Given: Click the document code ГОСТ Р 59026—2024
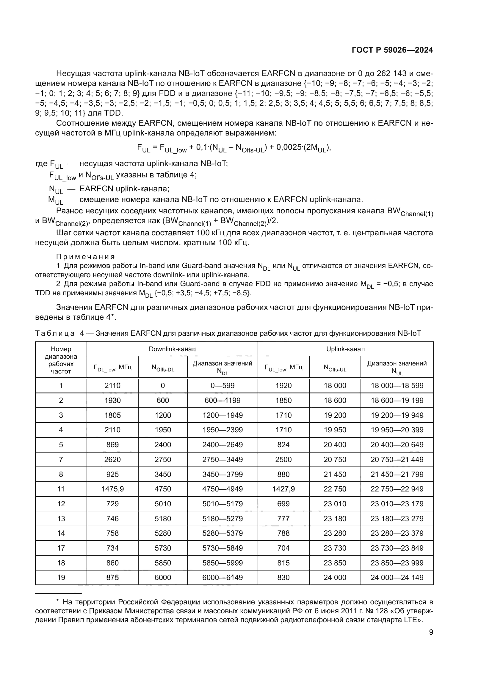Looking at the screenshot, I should click(x=392, y=50).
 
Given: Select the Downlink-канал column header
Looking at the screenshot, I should click(x=172, y=349).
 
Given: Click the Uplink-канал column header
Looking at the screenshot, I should click(x=345, y=349).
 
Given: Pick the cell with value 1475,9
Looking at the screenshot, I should click(x=112, y=489).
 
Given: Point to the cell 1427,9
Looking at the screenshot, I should click(x=283, y=489).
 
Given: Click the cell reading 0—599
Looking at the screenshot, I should click(x=223, y=386).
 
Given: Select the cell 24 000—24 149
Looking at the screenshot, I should click(x=397, y=578).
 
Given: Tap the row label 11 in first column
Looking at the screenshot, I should click(x=61, y=489).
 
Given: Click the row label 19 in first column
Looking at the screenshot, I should click(x=61, y=578).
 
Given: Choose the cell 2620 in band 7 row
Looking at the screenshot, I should click(x=112, y=459).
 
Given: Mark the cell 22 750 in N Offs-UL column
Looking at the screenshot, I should click(x=335, y=489).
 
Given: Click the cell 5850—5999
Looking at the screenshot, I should click(x=223, y=563).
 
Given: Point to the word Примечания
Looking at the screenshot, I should click(x=85, y=257).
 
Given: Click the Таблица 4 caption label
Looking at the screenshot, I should click(x=59, y=333).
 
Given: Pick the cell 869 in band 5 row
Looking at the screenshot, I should click(x=112, y=445).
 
